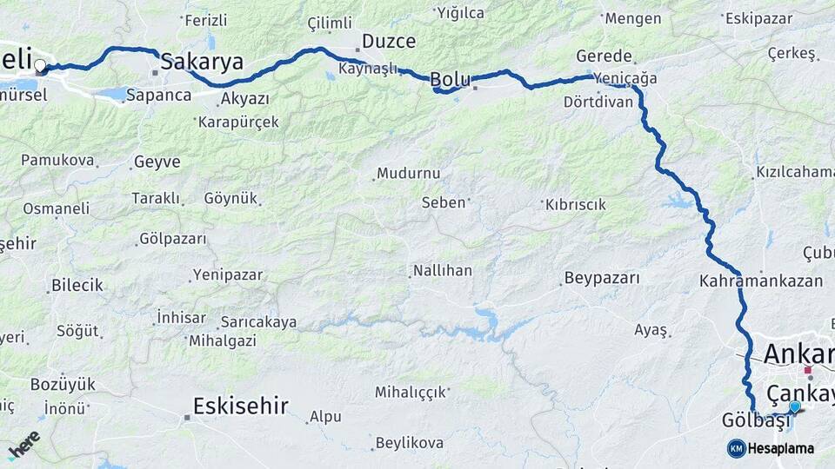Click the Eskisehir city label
(x=240, y=406)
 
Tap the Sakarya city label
(x=202, y=61)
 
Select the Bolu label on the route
(x=451, y=80)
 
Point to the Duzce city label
(x=389, y=41)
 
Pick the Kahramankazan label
(x=760, y=281)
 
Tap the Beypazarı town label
(x=602, y=279)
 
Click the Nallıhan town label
(x=443, y=271)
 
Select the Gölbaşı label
(x=756, y=420)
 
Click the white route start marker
(x=40, y=65)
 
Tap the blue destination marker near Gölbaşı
(x=794, y=406)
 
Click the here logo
(x=23, y=445)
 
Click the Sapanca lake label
(x=158, y=95)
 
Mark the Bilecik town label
(x=77, y=285)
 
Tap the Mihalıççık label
(x=410, y=392)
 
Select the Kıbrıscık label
(x=575, y=204)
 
